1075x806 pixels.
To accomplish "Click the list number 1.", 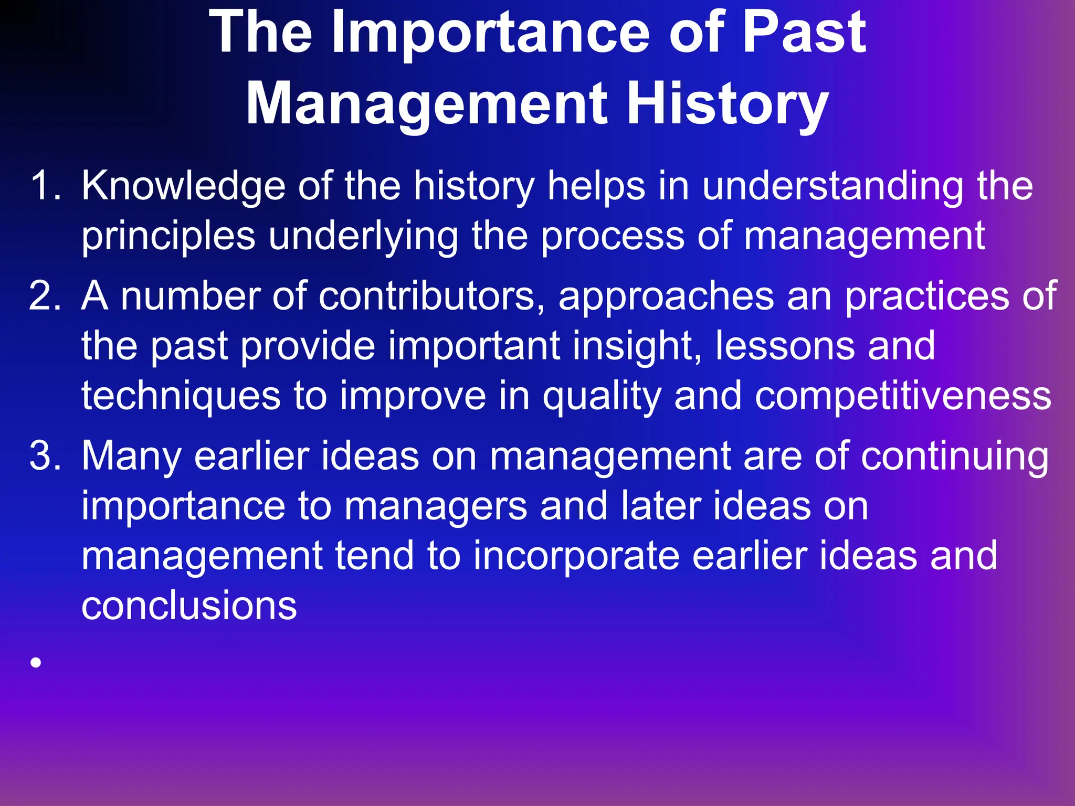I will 45,186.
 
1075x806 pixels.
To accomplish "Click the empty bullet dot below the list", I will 36,663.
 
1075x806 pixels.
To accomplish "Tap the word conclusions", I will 189,606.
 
